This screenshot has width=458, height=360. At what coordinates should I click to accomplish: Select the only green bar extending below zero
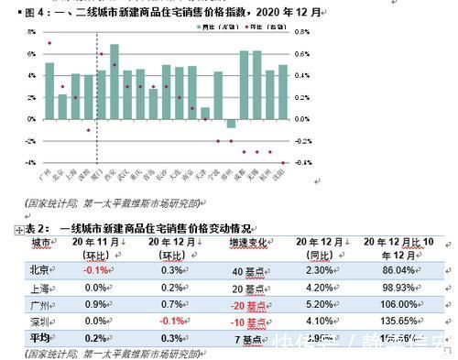pos(231,125)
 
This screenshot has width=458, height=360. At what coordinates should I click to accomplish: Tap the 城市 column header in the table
pos(42,242)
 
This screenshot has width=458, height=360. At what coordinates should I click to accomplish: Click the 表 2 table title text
pos(137,227)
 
